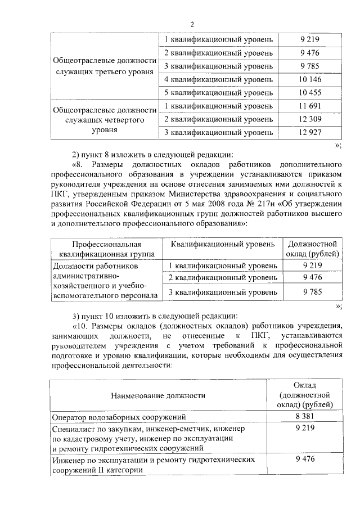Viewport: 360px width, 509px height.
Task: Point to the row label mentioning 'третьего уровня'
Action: (103, 66)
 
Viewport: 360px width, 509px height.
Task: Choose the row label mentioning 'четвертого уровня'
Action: (103, 119)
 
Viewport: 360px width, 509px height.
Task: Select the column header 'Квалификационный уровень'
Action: (223, 244)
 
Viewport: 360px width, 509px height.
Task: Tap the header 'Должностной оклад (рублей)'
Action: (312, 249)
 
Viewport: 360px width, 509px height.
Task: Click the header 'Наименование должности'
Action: (157, 395)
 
